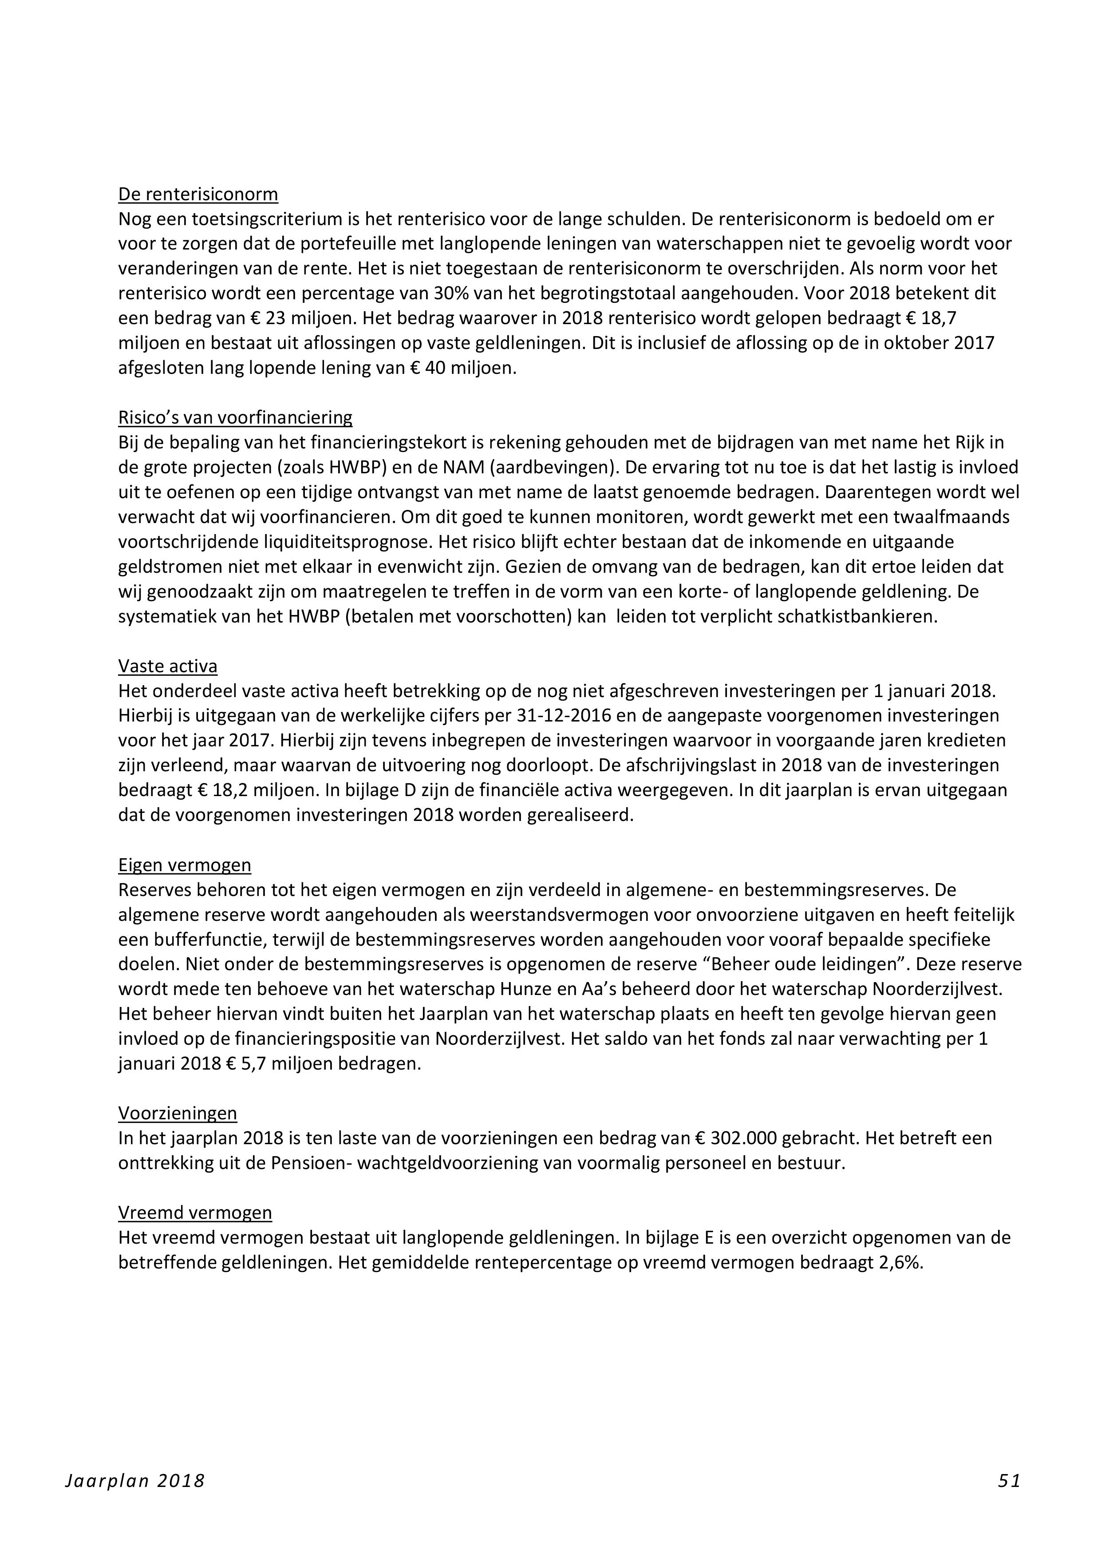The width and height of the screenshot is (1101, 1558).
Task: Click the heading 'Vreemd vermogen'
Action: [195, 1213]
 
